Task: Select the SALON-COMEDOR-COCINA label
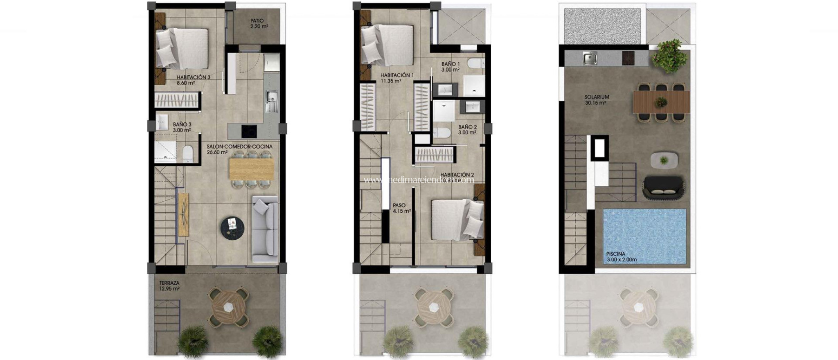(239, 149)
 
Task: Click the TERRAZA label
(169, 286)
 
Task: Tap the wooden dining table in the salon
(251, 169)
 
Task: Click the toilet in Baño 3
(188, 153)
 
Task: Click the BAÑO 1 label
(451, 67)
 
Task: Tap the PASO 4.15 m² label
(399, 208)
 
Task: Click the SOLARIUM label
(597, 100)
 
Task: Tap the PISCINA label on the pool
(616, 256)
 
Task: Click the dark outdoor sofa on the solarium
(663, 187)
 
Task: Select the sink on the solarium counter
(590, 59)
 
